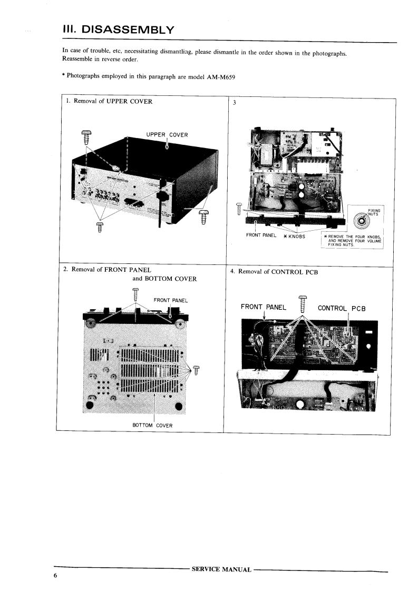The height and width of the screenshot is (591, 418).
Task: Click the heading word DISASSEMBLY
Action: click(128, 29)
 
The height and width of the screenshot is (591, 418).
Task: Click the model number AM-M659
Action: click(221, 77)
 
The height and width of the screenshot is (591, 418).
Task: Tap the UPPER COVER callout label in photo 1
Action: click(167, 134)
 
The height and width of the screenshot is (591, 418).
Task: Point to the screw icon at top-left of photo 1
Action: click(86, 137)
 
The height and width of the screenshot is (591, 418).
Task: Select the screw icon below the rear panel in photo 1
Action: click(100, 227)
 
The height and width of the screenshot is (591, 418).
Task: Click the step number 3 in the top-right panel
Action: click(234, 103)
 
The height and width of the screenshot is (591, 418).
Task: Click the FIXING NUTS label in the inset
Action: click(374, 212)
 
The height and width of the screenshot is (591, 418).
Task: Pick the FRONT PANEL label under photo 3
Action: click(261, 235)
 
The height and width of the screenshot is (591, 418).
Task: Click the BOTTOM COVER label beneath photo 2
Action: click(152, 425)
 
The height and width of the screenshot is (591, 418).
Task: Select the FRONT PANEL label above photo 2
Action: click(170, 300)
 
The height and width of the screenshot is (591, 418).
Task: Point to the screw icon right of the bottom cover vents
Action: click(196, 370)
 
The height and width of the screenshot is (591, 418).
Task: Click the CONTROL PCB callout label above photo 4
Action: click(342, 308)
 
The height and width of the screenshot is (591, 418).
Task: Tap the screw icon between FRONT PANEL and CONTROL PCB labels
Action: click(302, 304)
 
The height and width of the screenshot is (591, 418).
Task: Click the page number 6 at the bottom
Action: click(55, 576)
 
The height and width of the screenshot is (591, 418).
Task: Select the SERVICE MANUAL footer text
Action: click(221, 569)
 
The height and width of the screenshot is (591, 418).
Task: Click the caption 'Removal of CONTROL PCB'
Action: click(278, 272)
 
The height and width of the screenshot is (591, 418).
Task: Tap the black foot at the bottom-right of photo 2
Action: click(179, 406)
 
